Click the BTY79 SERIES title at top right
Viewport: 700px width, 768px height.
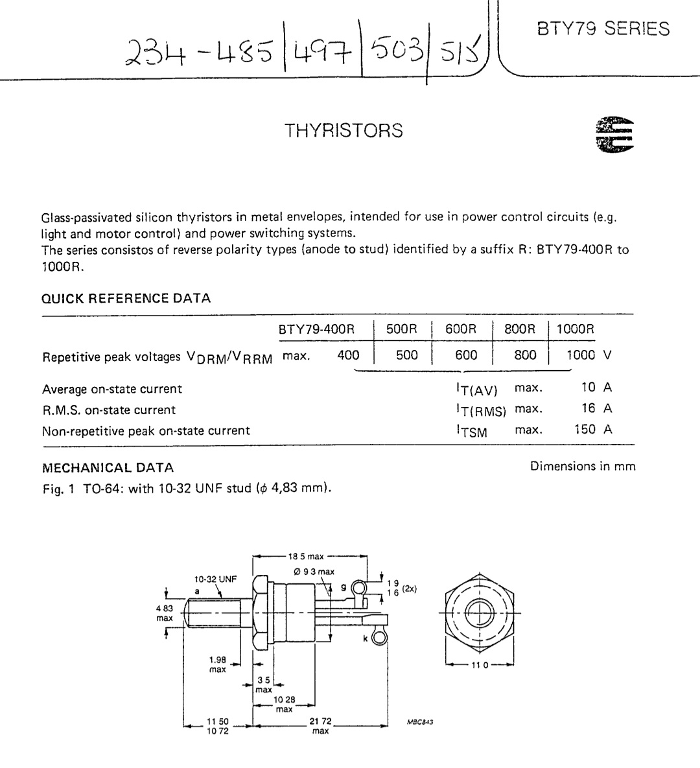[x=603, y=29]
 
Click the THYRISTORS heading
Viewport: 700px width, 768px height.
[x=344, y=131]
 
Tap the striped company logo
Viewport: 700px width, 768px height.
[x=614, y=134]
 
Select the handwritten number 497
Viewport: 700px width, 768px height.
[x=322, y=51]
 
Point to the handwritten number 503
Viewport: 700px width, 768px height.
[x=396, y=50]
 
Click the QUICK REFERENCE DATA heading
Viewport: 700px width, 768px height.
[x=126, y=298]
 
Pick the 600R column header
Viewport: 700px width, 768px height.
[x=460, y=329]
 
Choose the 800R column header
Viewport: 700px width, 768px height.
[x=520, y=329]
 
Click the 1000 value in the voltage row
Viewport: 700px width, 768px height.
[x=581, y=355]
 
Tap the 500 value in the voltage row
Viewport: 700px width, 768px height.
[x=406, y=355]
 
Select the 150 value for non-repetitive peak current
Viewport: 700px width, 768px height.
[x=585, y=429]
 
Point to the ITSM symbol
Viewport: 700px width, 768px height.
[x=472, y=430]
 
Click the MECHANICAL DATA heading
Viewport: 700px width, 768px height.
[x=108, y=468]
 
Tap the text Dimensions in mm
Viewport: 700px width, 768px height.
[x=583, y=466]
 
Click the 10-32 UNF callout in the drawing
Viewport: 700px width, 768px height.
[x=216, y=579]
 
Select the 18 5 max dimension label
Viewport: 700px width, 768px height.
[x=306, y=557]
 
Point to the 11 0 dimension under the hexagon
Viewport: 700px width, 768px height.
[x=480, y=665]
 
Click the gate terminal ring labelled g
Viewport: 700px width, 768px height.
[x=359, y=587]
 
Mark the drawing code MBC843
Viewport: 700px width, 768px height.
[x=420, y=721]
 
